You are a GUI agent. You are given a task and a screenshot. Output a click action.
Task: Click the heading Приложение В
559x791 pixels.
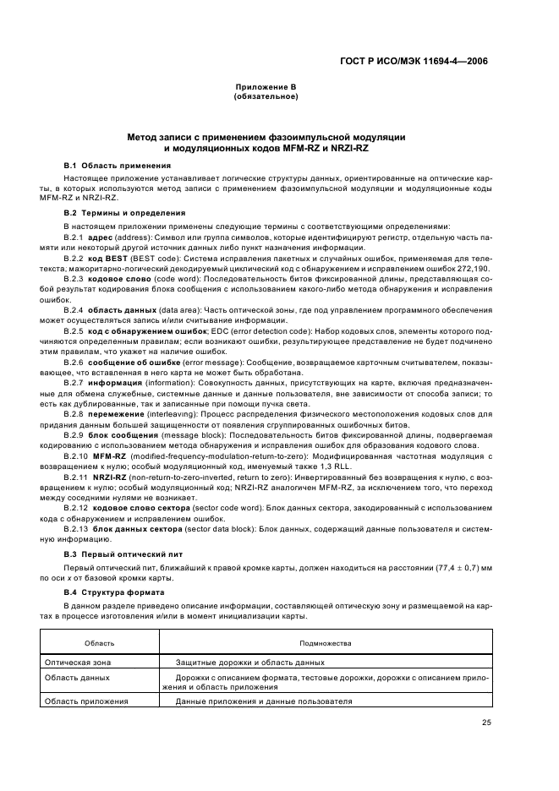point(265,88)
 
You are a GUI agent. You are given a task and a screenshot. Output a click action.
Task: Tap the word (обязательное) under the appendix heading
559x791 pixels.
point(265,96)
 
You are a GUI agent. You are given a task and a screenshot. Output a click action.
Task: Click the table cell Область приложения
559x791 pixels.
point(85,701)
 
